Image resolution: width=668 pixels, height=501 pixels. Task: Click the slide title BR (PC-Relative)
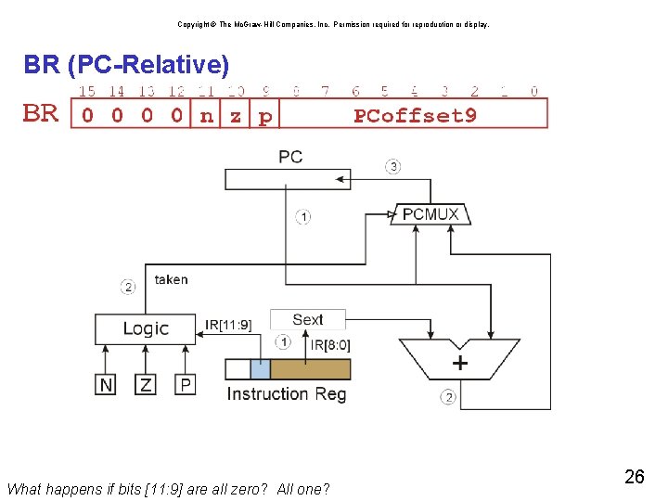(125, 66)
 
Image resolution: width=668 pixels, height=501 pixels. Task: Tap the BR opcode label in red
(40, 114)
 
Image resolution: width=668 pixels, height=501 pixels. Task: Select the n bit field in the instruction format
(206, 116)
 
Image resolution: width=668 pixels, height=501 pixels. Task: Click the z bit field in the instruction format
(236, 116)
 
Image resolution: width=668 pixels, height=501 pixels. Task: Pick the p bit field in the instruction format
(265, 117)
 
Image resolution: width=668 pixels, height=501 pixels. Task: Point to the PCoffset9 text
(415, 116)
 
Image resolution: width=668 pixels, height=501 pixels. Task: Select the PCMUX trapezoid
(430, 214)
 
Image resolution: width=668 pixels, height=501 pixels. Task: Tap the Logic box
(146, 328)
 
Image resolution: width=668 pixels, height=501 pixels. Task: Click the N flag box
(107, 383)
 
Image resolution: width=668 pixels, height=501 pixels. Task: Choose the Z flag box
(146, 383)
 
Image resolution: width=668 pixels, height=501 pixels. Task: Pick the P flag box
(186, 383)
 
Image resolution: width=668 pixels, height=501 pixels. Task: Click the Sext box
(307, 320)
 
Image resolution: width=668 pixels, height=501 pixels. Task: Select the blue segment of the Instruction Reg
(261, 369)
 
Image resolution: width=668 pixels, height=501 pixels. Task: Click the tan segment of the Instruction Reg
(310, 369)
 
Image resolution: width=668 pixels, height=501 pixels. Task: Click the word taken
(171, 278)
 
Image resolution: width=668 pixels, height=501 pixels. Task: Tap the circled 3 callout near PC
(393, 167)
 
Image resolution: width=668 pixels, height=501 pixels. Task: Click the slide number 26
(635, 477)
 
